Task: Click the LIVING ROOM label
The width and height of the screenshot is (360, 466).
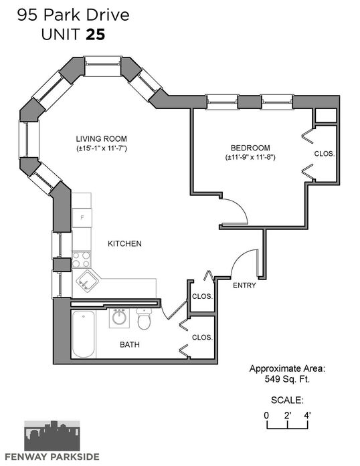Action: pyautogui.click(x=102, y=139)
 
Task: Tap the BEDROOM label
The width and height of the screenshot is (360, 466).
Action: pyautogui.click(x=250, y=148)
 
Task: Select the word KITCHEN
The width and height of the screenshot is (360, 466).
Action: pyautogui.click(x=124, y=244)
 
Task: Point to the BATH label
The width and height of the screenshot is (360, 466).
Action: pyautogui.click(x=130, y=344)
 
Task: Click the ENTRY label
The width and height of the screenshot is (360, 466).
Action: pyautogui.click(x=244, y=285)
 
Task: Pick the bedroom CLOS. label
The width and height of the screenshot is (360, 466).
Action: pyautogui.click(x=325, y=154)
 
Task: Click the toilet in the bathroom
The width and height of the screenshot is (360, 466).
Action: pyautogui.click(x=145, y=319)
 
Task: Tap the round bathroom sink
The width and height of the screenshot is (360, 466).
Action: pyautogui.click(x=119, y=318)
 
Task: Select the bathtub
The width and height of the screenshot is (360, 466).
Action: pyautogui.click(x=84, y=334)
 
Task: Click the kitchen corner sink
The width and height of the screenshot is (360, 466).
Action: pyautogui.click(x=88, y=281)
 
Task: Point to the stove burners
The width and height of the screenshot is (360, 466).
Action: pyautogui.click(x=82, y=259)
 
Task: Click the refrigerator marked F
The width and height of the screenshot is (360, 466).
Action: pyautogui.click(x=82, y=218)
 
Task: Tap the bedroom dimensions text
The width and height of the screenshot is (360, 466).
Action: pyautogui.click(x=250, y=157)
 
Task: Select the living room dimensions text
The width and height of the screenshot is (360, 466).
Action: pyautogui.click(x=102, y=148)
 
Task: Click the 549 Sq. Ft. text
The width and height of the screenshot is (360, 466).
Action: pyautogui.click(x=287, y=379)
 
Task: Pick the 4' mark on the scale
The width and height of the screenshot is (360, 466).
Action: pyautogui.click(x=307, y=415)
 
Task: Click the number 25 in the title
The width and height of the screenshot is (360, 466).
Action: pyautogui.click(x=96, y=35)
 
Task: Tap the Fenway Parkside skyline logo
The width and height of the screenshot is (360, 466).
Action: pyautogui.click(x=52, y=436)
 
